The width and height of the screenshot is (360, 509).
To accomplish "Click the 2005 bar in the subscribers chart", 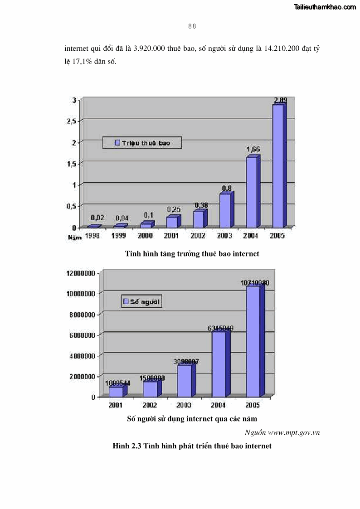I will click(x=278, y=165).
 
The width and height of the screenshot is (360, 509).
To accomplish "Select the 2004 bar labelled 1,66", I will click(x=252, y=192).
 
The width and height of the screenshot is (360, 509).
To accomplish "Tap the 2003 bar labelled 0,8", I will click(x=225, y=210).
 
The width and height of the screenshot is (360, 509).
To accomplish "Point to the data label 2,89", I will click(x=280, y=100).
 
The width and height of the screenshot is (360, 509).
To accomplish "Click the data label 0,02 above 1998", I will click(x=97, y=218).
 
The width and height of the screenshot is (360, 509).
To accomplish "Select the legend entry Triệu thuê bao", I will click(x=141, y=143).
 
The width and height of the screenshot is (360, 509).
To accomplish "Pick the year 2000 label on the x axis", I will click(x=145, y=236).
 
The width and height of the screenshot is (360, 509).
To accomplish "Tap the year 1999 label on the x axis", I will click(x=119, y=236).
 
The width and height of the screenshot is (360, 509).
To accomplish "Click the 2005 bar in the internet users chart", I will click(x=253, y=341).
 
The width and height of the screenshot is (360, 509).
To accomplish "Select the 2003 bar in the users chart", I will click(x=185, y=380).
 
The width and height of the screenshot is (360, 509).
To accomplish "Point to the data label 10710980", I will click(x=255, y=283).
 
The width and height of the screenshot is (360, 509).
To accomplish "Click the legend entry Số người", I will click(x=142, y=301).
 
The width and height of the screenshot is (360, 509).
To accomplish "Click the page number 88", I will click(x=192, y=26).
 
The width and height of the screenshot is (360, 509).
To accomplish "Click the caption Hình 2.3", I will click(x=192, y=446).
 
